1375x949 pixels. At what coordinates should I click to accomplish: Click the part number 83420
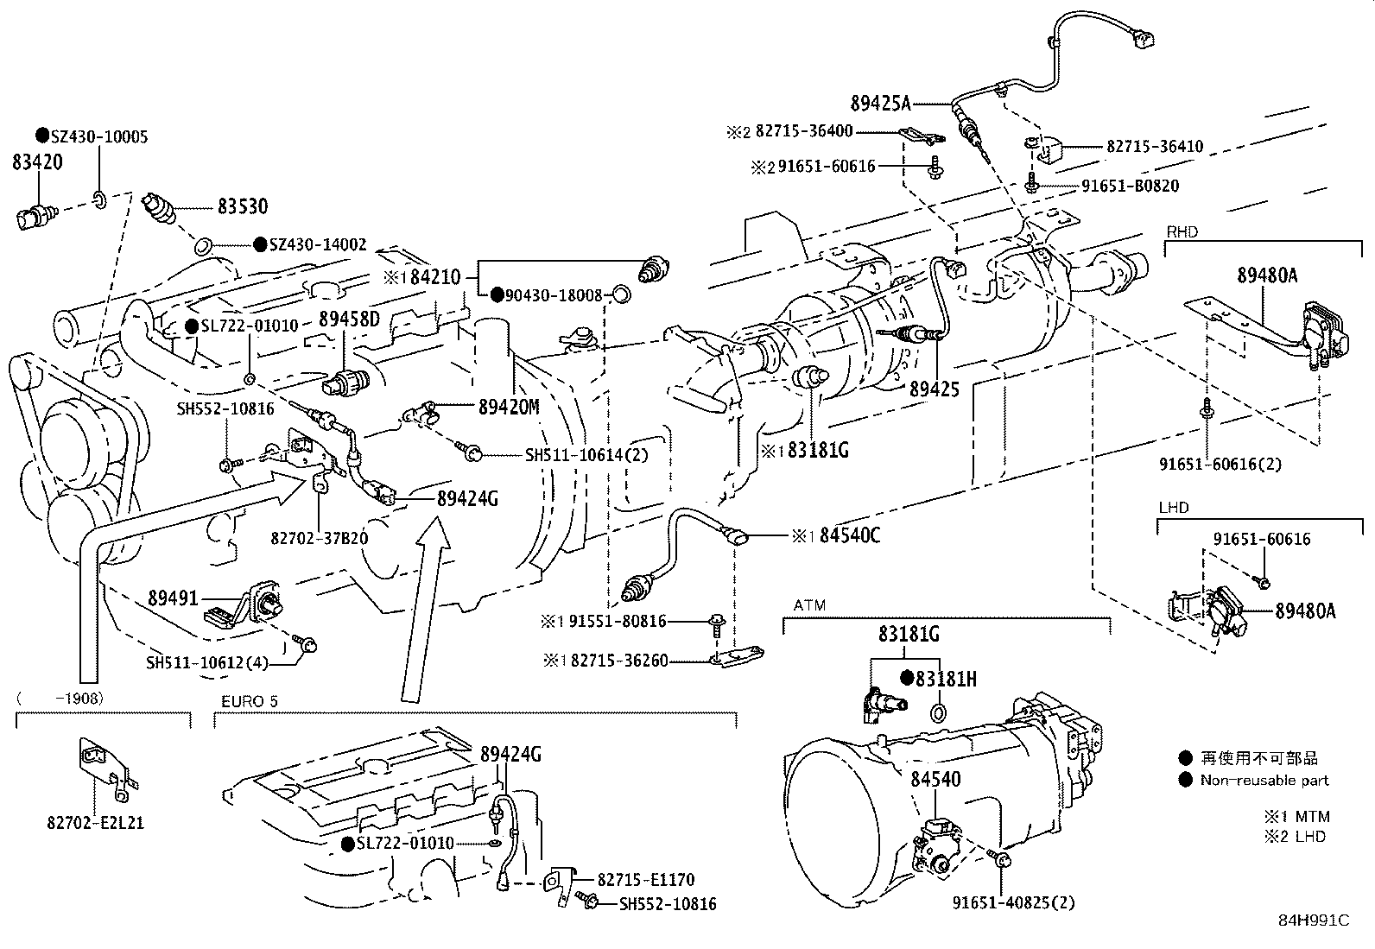click(x=36, y=162)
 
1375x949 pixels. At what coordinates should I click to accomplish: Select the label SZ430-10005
click(x=98, y=136)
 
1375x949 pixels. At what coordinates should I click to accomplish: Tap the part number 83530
click(x=242, y=206)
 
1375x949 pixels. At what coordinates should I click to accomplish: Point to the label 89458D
click(x=349, y=319)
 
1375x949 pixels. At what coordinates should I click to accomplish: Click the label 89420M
click(x=509, y=407)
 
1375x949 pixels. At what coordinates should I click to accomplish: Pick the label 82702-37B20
click(x=319, y=538)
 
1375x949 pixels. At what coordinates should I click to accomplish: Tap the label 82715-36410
click(x=1154, y=147)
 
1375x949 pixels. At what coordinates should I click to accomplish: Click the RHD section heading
click(x=1182, y=232)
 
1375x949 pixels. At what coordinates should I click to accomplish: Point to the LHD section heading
click(x=1173, y=508)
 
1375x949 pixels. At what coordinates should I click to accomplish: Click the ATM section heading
click(x=808, y=606)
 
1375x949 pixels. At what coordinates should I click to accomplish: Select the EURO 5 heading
click(x=249, y=701)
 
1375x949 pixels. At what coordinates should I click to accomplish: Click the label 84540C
click(x=849, y=536)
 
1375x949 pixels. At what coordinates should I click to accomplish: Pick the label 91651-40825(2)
click(x=1013, y=903)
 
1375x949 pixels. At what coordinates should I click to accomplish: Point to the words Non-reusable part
click(x=1264, y=781)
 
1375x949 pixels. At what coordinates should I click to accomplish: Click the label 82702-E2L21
click(x=95, y=822)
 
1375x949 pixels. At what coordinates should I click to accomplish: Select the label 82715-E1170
click(x=646, y=880)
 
